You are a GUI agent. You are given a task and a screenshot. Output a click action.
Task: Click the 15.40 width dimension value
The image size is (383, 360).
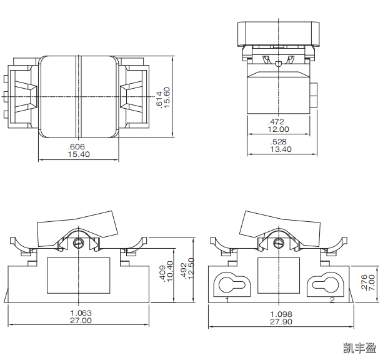tap(78, 154)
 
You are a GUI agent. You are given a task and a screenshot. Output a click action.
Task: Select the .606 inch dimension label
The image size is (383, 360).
tap(78, 146)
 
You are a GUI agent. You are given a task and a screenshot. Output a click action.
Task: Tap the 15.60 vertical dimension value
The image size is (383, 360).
tap(167, 97)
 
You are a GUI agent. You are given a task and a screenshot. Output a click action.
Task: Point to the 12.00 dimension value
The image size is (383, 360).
tap(278, 129)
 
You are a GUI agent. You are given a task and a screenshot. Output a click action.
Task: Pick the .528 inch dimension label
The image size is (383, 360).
tap(278, 142)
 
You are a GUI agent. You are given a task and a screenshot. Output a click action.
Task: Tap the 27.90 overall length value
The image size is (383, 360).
tap(281, 321)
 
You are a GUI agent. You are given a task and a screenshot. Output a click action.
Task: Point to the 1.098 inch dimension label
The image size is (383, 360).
tap(281, 313)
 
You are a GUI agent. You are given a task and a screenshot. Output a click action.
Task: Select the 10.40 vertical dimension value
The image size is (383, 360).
tap(170, 271)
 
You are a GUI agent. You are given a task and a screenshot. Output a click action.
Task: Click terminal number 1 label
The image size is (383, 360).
tap(227, 300)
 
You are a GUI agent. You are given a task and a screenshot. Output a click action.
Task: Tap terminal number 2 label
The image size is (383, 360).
tap(332, 300)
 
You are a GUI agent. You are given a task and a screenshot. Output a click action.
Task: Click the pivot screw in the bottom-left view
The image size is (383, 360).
tap(78, 242)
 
